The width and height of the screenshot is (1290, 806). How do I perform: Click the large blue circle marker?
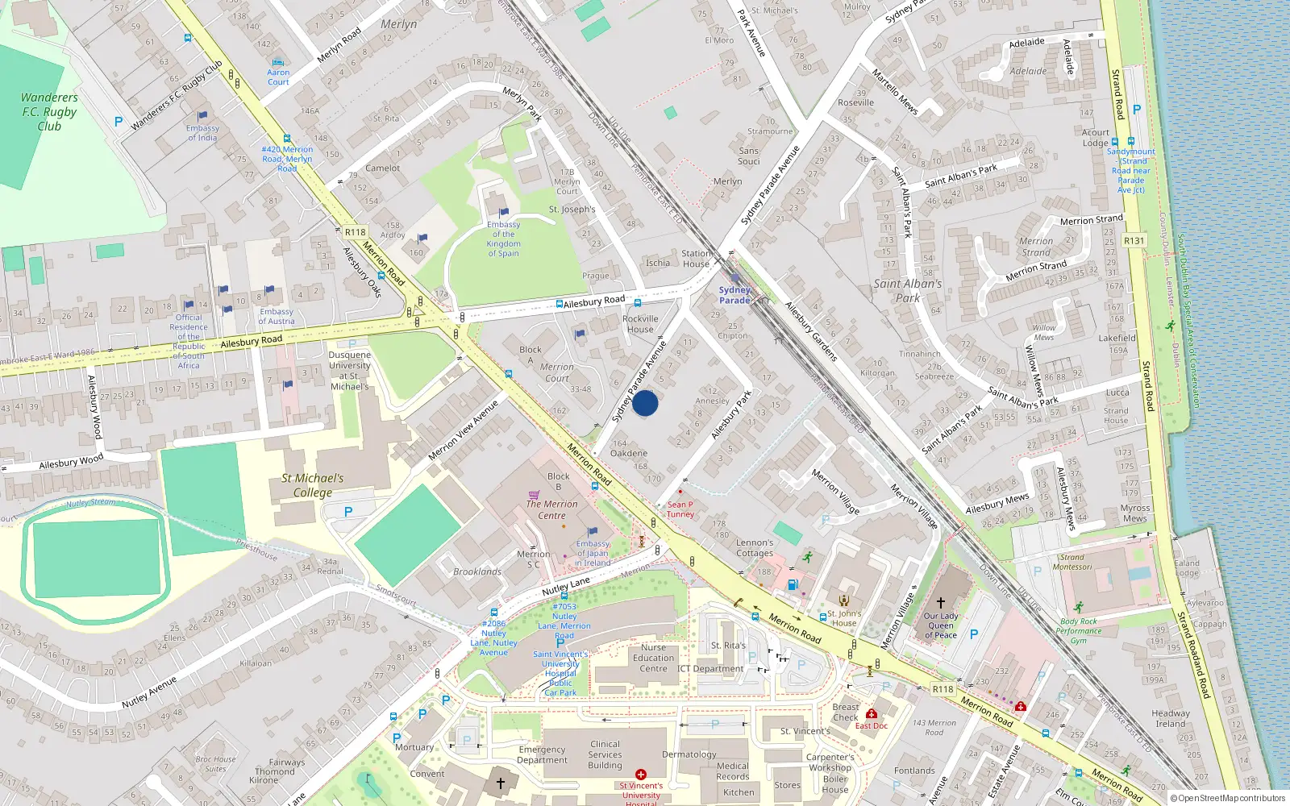(x=645, y=403)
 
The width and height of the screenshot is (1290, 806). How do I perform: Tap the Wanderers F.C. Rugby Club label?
(x=49, y=112)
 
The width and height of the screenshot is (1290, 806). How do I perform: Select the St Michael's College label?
(x=312, y=485)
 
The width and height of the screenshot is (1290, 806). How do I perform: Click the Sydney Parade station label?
(x=734, y=295)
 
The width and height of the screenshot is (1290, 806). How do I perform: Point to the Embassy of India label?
(x=202, y=133)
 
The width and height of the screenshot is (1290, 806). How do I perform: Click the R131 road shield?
(x=1134, y=240)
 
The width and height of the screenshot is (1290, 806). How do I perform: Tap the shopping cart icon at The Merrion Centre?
(x=534, y=495)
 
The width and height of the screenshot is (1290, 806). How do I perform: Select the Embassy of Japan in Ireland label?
(x=593, y=554)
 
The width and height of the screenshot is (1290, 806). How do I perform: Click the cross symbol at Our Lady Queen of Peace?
(x=940, y=603)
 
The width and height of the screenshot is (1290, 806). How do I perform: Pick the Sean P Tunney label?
(x=680, y=509)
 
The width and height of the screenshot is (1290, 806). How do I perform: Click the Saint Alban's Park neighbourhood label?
(x=908, y=290)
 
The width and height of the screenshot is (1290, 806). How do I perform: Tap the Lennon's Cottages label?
(x=755, y=548)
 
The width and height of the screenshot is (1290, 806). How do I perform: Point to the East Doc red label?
(x=871, y=725)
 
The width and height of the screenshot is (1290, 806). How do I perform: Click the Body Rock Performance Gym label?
(x=1079, y=631)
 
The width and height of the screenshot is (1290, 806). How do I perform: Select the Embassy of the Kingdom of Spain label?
(x=503, y=239)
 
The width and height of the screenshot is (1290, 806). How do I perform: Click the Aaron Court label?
(x=278, y=77)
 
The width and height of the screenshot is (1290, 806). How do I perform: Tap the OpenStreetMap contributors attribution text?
(x=1228, y=799)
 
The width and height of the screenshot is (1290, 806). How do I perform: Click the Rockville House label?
(x=640, y=324)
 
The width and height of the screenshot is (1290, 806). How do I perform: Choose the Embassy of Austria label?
(x=277, y=316)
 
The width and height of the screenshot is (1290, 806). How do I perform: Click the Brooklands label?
(x=477, y=571)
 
